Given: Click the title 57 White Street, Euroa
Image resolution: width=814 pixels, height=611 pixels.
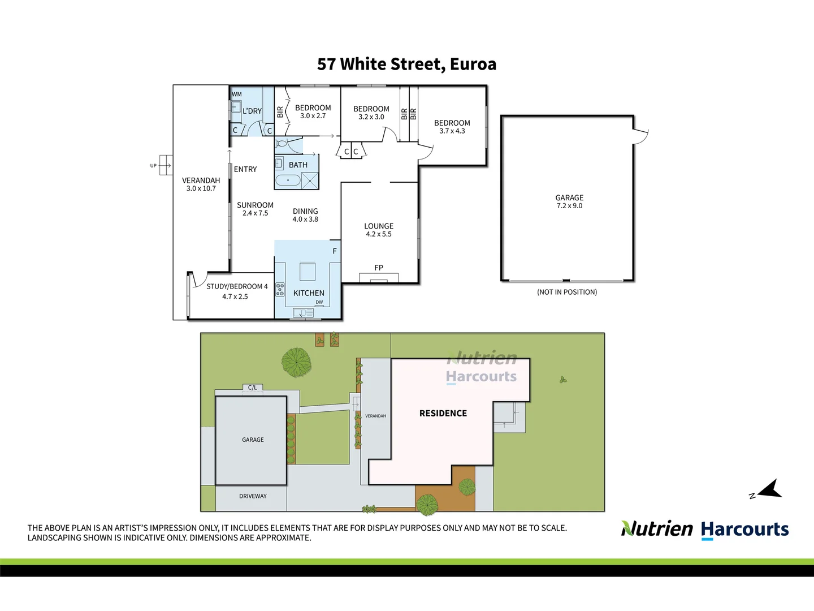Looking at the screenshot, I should coord(406,64).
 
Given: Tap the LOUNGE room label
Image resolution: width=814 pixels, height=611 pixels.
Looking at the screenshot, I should coord(379,226).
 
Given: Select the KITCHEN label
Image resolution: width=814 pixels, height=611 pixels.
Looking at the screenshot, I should coord(309,293).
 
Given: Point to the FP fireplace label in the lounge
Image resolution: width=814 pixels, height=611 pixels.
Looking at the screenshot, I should coord(379,268).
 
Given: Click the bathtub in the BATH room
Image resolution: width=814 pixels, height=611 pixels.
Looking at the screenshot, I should coord(288,180).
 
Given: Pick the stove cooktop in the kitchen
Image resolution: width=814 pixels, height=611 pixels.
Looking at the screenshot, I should coord(280,290).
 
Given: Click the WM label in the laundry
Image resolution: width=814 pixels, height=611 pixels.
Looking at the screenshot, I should coord(237,94).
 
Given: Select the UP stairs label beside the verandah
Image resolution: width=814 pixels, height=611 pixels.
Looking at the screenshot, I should coord(153,166).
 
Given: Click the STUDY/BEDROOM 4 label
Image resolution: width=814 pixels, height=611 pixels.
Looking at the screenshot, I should coord(237,286).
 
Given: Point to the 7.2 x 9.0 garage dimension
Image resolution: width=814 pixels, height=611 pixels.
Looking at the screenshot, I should coord(569,206).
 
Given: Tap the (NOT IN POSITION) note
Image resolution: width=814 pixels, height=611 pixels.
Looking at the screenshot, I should coord(567,292).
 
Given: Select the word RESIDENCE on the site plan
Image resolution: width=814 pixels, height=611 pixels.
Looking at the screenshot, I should coord(443,414).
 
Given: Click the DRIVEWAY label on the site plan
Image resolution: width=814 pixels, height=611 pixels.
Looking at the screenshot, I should coord(253,496).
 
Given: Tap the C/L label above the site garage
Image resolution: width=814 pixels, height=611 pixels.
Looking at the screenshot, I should coord(253,388).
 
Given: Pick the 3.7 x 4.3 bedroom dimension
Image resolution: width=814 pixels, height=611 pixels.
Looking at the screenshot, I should coord(452,131).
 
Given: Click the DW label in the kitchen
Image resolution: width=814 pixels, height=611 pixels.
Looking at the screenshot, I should coord(319,302).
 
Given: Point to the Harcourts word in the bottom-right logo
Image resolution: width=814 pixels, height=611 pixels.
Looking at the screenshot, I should coord(744,530).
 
